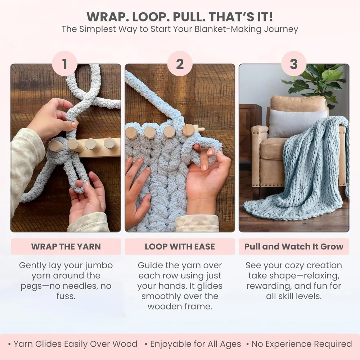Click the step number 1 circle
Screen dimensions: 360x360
click(65, 64)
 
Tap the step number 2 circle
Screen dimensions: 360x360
click(180, 64)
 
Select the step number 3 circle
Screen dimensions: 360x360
click(294, 64)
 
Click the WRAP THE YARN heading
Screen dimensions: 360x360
click(66, 247)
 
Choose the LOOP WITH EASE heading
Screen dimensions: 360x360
click(180, 247)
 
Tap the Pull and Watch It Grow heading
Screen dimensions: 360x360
click(294, 247)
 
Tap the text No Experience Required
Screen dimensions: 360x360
click(302, 344)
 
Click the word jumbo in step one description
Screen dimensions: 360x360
click(98, 266)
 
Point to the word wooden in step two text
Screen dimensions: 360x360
click(166, 307)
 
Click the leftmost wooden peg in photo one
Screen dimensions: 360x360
click(55, 146)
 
